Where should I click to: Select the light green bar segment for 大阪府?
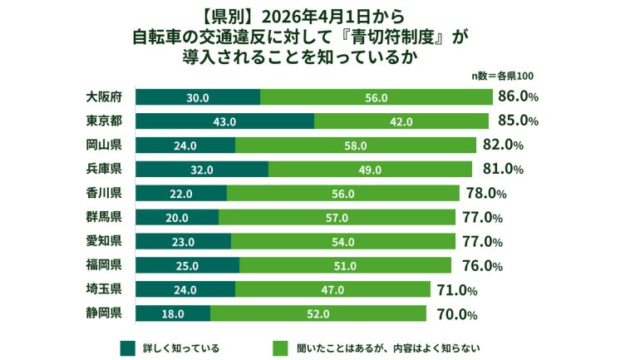(376, 97)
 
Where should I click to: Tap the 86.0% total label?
(518, 97)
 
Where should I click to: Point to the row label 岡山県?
(105, 145)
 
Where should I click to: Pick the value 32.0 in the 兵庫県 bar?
(202, 170)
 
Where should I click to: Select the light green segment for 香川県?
(343, 194)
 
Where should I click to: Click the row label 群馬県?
(105, 218)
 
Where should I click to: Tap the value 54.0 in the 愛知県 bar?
(343, 242)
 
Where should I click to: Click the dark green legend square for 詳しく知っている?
(127, 346)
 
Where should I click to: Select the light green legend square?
(279, 346)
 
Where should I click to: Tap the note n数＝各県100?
(504, 76)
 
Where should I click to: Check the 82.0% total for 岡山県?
(503, 145)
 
